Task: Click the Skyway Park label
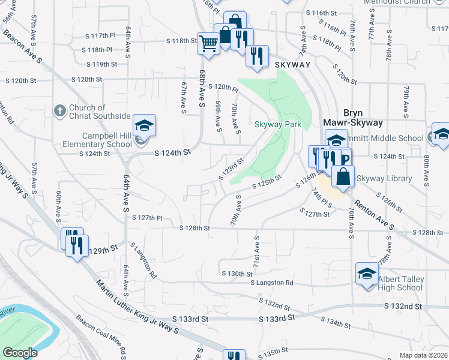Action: coord(277,125)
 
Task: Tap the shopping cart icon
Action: coord(208,43)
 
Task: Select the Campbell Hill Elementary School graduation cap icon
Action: coord(144,125)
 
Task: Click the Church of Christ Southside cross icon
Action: coord(59,110)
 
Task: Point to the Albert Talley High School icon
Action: coord(367,274)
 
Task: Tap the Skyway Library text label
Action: coord(384,179)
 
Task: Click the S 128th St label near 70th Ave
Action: coord(195,229)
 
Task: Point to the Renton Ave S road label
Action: coord(373,214)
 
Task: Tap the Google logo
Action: coord(20,353)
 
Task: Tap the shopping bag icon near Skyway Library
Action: coord(342,177)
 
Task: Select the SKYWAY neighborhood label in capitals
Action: coord(293,65)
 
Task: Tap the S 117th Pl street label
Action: coord(99,36)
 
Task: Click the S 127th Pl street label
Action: coord(147,218)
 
